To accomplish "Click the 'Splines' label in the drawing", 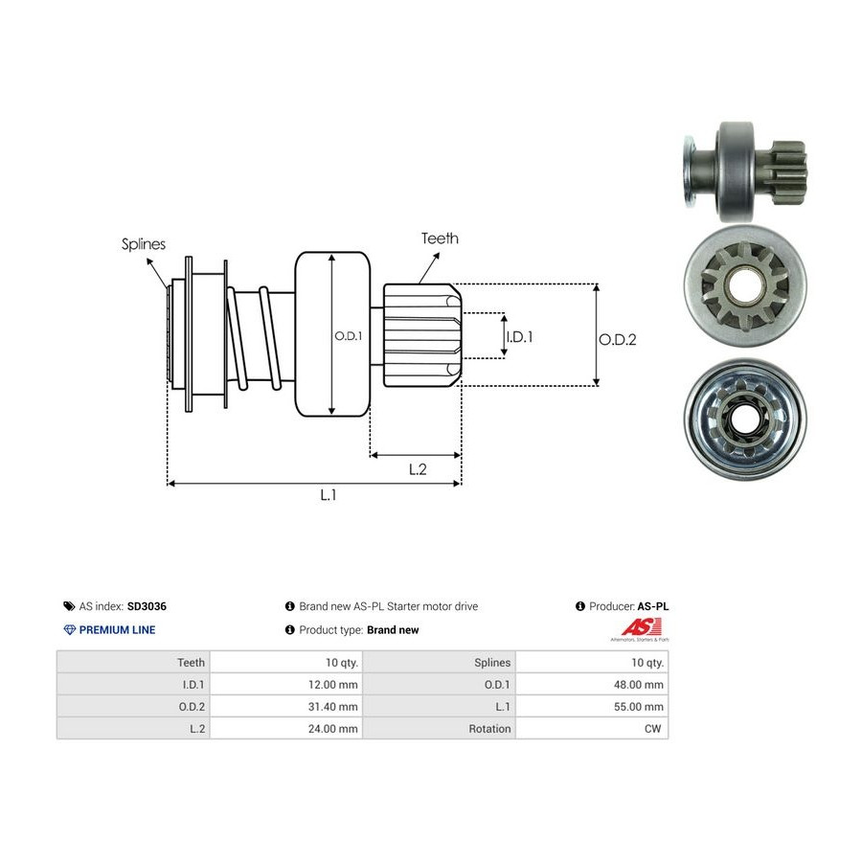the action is click(144, 244).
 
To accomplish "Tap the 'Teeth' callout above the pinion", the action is click(440, 238).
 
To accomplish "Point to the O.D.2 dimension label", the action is click(618, 340).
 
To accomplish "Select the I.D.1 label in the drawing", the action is click(519, 336).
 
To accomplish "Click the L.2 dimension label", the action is click(418, 469).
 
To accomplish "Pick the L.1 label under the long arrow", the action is click(329, 495).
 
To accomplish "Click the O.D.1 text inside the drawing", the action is click(349, 336).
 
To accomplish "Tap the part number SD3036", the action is click(147, 606).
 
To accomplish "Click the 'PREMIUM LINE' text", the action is click(117, 630).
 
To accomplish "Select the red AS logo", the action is click(641, 627).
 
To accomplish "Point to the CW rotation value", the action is click(652, 729).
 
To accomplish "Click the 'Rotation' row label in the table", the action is click(489, 729).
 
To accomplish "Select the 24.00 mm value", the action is click(332, 729).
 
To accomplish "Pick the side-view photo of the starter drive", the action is click(745, 171).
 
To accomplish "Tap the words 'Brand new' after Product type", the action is click(393, 630).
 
